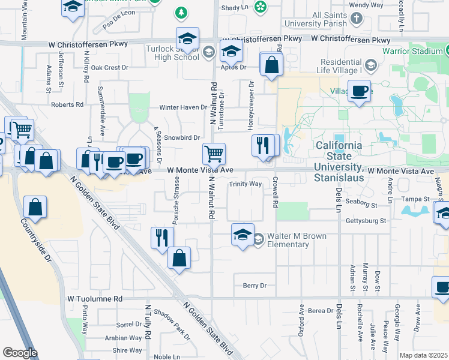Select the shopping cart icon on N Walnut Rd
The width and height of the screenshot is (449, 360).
coord(214,154)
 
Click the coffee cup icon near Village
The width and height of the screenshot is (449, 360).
coord(359,92)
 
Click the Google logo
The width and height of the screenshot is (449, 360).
coord(20,353)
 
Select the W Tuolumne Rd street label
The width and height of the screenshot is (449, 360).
coord(95,298)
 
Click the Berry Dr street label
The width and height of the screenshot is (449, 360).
coord(254,286)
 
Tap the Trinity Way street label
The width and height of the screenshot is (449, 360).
coord(245,184)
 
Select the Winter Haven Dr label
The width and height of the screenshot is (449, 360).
coord(182,108)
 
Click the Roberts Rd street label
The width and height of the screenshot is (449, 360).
coord(67,104)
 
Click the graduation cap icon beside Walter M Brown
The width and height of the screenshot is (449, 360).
coord(242,234)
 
